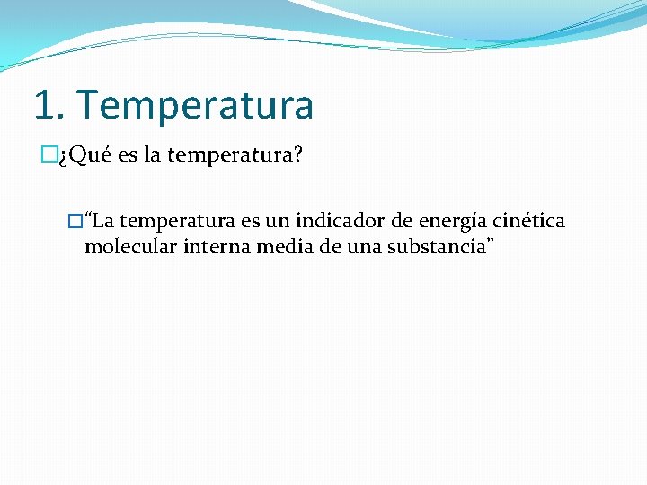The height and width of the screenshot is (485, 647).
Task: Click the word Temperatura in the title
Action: [196, 105]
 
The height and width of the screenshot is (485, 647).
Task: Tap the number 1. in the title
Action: [50, 105]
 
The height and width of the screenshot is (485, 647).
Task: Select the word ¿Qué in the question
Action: [85, 156]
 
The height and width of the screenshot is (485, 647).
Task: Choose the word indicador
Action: [342, 221]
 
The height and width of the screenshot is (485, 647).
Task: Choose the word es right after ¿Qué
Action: [127, 156]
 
